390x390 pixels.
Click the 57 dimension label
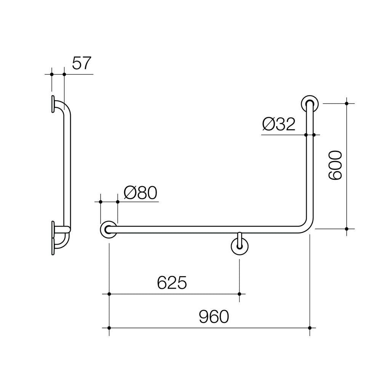click(x=82, y=63)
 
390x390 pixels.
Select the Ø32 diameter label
click(x=279, y=124)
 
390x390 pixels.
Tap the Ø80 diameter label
click(x=141, y=193)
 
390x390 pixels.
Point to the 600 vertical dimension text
click(x=335, y=165)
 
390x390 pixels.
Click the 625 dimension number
click(x=172, y=283)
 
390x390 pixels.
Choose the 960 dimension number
click(x=214, y=316)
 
